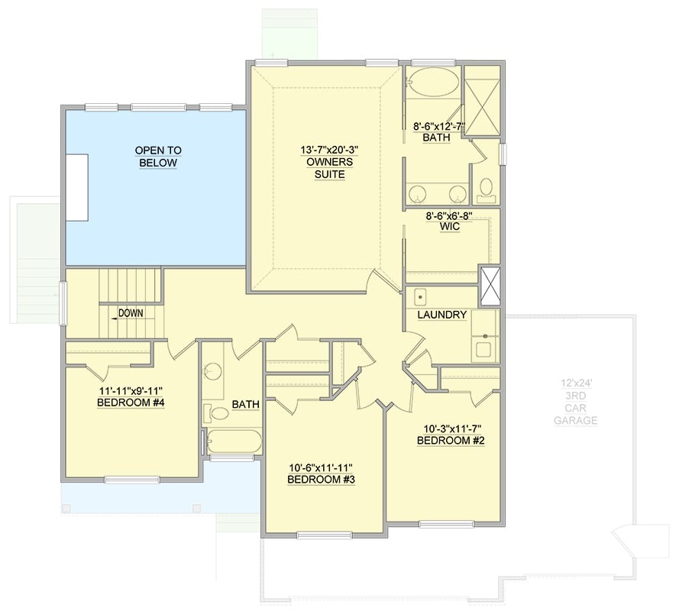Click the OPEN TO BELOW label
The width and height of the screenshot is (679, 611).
158,157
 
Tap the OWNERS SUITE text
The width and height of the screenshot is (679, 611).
325,168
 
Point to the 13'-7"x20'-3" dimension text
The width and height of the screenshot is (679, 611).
325,150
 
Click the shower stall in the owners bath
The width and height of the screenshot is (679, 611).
482,103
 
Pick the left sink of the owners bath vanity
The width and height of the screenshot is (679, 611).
417,192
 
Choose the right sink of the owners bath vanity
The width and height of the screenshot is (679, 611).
457,192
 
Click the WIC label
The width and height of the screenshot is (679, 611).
450,228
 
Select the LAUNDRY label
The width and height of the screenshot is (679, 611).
441,315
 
